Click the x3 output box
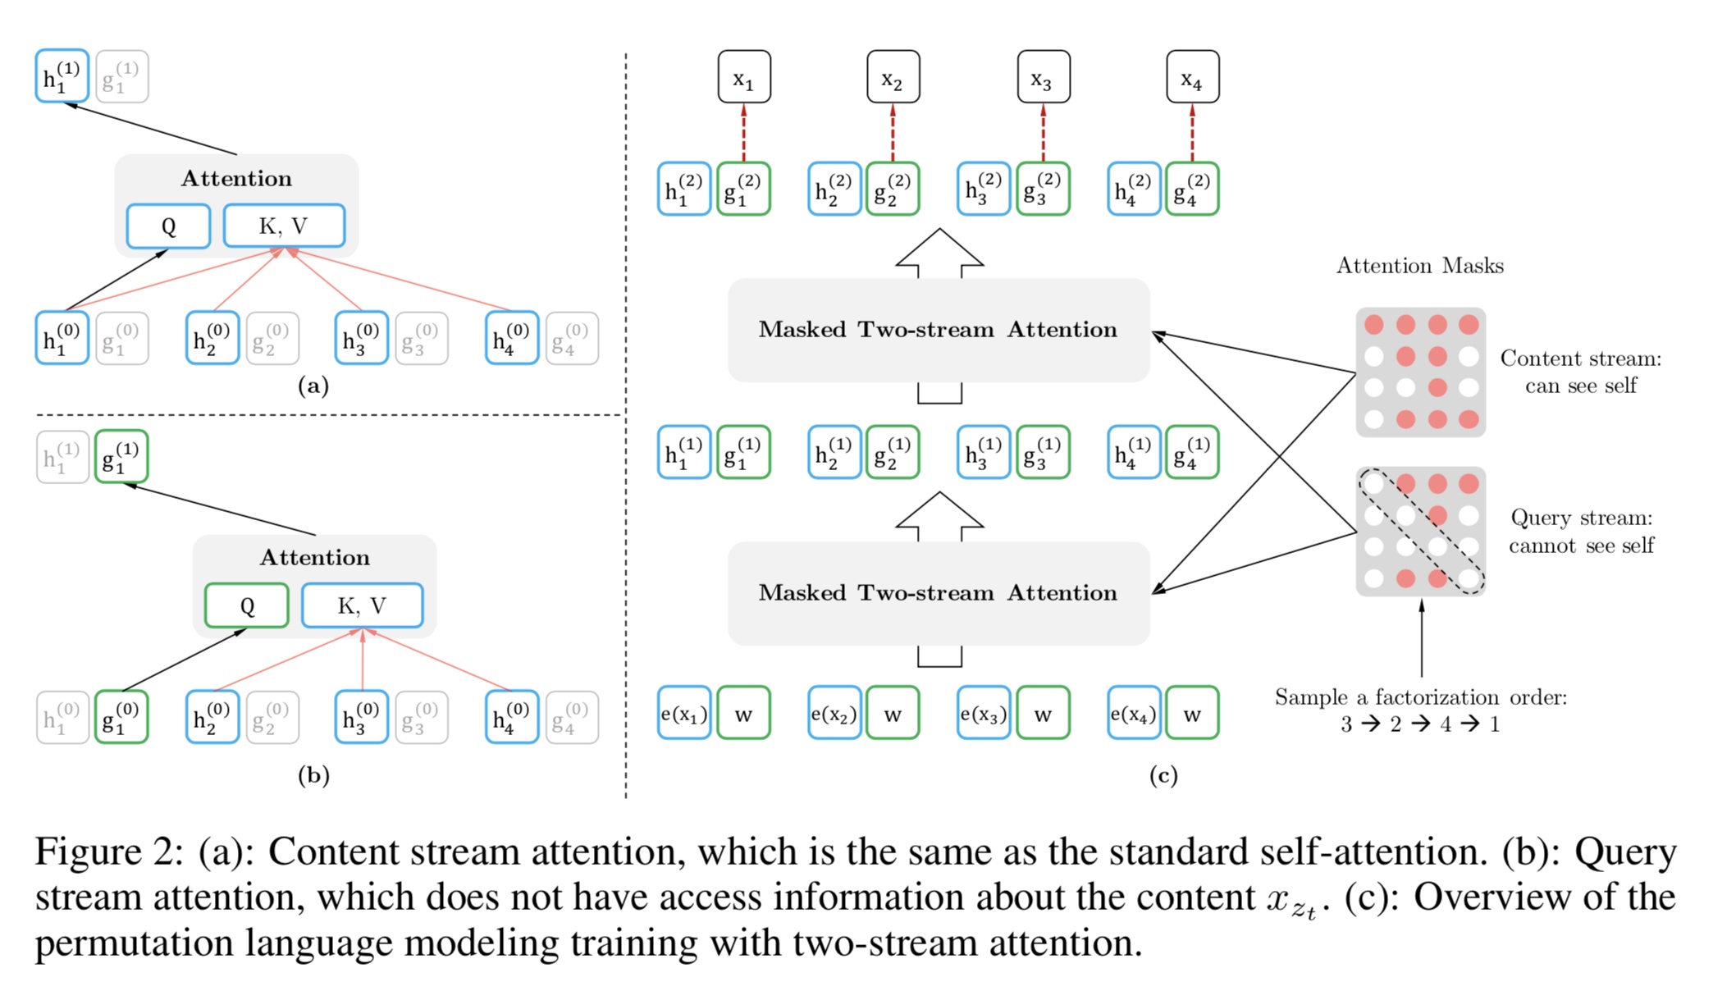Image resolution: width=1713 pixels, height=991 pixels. pyautogui.click(x=1043, y=77)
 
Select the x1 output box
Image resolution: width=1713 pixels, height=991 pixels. pyautogui.click(x=744, y=77)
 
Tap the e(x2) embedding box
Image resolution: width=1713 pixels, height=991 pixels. pyautogui.click(x=834, y=713)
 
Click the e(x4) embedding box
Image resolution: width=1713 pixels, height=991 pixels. pyautogui.click(x=1134, y=713)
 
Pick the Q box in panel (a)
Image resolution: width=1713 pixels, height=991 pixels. pyautogui.click(x=168, y=226)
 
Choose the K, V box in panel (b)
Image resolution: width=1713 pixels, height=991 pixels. pyautogui.click(x=362, y=605)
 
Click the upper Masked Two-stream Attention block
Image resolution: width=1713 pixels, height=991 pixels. pyautogui.click(x=939, y=330)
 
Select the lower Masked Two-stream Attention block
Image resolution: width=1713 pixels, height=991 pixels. pyautogui.click(x=939, y=593)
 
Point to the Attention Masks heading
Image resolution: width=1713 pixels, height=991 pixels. pyautogui.click(x=1419, y=266)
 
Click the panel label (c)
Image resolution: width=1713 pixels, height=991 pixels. pyautogui.click(x=1163, y=775)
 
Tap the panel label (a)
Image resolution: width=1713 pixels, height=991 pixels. pyautogui.click(x=313, y=386)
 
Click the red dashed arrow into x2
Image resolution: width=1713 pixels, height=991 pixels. pyautogui.click(x=893, y=132)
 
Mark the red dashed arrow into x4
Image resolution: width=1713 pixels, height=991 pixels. pyautogui.click(x=1192, y=132)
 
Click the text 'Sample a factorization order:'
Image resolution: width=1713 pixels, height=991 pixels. pyautogui.click(x=1420, y=697)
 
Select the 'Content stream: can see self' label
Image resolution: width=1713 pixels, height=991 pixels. pyautogui.click(x=1581, y=372)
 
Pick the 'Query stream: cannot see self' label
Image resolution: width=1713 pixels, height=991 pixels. pyautogui.click(x=1581, y=532)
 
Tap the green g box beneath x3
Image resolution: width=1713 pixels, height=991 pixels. pyautogui.click(x=1043, y=190)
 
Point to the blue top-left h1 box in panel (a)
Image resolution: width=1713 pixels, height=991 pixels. pyautogui.click(x=62, y=76)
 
